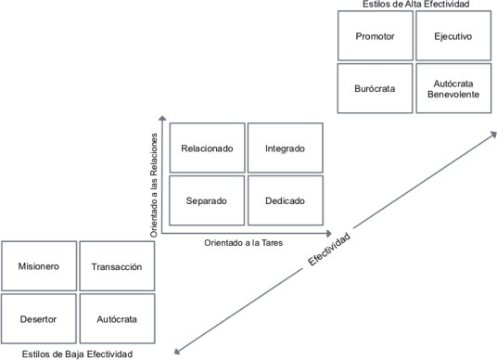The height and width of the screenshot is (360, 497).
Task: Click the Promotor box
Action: [x=376, y=36]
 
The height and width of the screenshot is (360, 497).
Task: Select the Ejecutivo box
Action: [x=454, y=36]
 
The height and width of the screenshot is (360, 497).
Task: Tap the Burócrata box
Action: [x=376, y=89]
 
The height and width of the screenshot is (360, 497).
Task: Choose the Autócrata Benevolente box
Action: [x=454, y=89]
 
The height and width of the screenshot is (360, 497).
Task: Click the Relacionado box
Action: [x=207, y=148]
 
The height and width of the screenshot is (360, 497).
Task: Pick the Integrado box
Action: [x=286, y=148]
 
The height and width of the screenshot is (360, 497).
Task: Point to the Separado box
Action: [x=207, y=199]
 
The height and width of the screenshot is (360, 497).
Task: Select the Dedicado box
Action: [x=286, y=199]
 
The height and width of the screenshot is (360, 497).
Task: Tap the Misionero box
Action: [x=38, y=266]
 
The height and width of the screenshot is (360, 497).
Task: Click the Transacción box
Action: [x=117, y=266]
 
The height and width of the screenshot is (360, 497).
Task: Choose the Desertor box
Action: [x=38, y=318]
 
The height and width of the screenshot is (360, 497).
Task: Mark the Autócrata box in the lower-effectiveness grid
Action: [x=117, y=318]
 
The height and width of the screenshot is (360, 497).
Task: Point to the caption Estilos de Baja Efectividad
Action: [x=79, y=354]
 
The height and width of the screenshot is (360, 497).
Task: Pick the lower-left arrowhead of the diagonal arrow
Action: [x=179, y=350]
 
